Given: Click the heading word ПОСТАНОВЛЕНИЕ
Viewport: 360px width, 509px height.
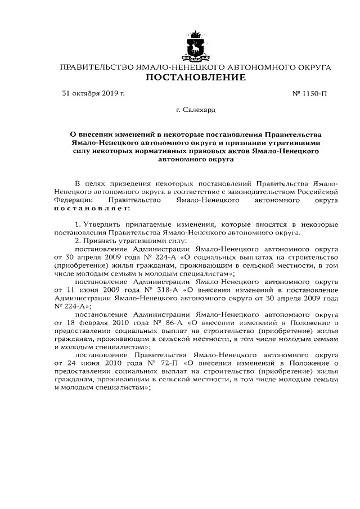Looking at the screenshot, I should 195,77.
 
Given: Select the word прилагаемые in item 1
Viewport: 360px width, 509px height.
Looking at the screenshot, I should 154,224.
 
